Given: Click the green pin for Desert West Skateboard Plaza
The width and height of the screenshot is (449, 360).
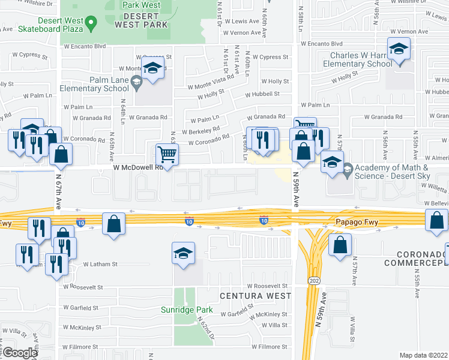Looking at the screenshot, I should click(x=91, y=24).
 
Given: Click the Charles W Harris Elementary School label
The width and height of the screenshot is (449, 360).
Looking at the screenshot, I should click(x=357, y=59).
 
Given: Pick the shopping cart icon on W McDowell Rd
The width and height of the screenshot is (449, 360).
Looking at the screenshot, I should click(x=167, y=154).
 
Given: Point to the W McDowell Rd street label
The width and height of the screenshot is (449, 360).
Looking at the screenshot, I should click(x=139, y=169).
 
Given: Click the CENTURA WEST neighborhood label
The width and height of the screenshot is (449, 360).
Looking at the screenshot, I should click(x=255, y=296).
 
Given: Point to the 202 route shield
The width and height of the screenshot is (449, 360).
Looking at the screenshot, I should click(x=313, y=280).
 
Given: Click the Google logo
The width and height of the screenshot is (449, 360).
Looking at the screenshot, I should click(x=20, y=353).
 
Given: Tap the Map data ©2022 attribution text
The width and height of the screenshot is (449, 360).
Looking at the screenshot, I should click(x=424, y=355).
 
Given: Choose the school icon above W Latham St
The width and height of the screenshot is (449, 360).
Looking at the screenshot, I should click(x=183, y=253).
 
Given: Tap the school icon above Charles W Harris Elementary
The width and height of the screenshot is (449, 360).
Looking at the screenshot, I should click(x=398, y=49).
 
